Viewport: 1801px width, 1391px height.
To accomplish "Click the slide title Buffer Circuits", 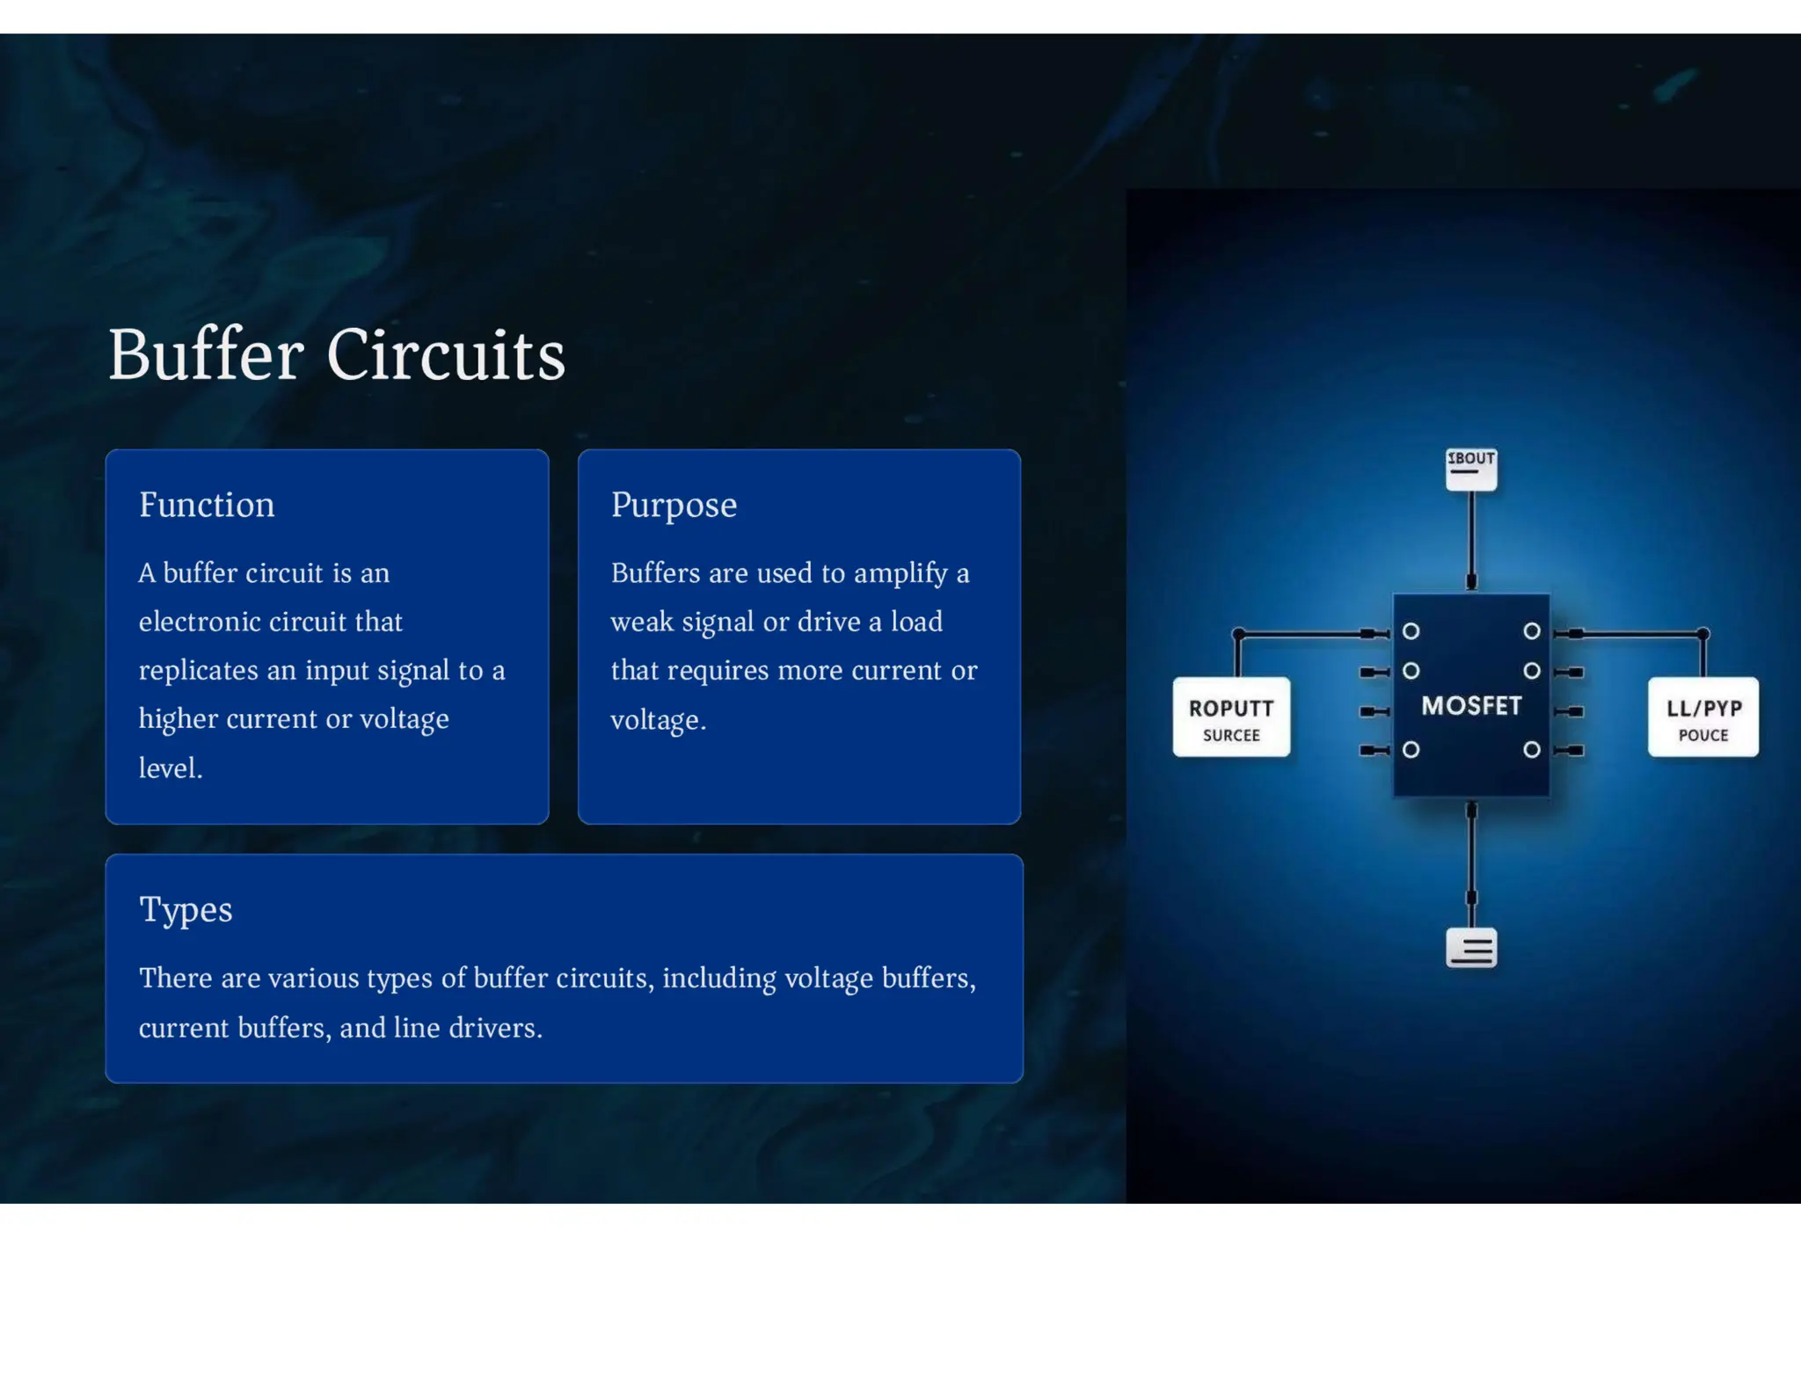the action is (x=336, y=355).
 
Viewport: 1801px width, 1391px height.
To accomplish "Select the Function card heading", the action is (x=207, y=506).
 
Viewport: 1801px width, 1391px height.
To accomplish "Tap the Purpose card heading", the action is (x=674, y=506).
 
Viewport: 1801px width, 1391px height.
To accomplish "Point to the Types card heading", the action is (x=186, y=910).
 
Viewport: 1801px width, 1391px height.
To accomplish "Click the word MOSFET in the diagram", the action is (x=1471, y=706).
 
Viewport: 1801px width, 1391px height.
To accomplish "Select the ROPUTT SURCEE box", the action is (x=1231, y=717).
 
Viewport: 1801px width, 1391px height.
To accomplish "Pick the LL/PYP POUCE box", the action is (x=1703, y=717).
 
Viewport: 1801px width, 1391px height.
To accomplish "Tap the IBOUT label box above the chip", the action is (x=1471, y=469).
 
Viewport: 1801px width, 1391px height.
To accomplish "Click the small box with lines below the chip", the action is (x=1471, y=949).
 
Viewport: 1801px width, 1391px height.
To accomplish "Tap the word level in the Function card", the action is (x=169, y=768).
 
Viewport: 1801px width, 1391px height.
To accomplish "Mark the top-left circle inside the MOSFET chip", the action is (x=1411, y=631).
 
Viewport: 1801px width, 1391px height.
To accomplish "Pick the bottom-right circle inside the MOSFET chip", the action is (x=1532, y=750).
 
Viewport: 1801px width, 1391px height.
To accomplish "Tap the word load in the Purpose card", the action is (x=916, y=623).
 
